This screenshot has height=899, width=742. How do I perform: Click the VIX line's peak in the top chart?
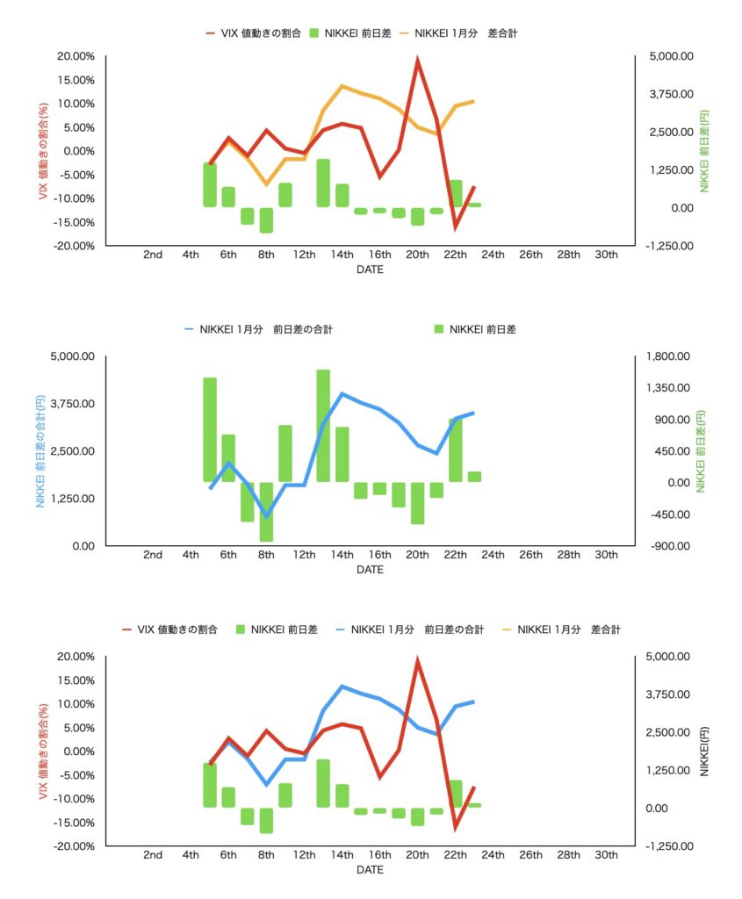coord(417,60)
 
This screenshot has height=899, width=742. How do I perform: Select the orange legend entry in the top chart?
coord(465,32)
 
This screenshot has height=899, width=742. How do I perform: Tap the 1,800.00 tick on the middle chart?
coord(672,356)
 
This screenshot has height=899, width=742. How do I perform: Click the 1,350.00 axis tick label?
coord(672,388)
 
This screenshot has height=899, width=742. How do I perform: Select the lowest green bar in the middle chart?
coord(266,512)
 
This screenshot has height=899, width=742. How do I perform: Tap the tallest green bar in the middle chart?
coord(323,426)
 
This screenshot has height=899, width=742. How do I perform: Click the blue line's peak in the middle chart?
coord(342,393)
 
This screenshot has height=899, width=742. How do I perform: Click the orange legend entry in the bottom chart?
coord(561,629)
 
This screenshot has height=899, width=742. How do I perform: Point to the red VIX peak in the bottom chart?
coord(417,660)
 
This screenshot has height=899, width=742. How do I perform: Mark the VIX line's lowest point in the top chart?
coord(456,228)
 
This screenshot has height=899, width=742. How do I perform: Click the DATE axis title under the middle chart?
coord(370,570)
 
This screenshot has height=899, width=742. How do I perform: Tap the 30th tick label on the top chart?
coord(606,255)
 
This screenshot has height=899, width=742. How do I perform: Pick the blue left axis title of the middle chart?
coord(40,451)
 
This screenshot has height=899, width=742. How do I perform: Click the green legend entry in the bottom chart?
coord(276,629)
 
